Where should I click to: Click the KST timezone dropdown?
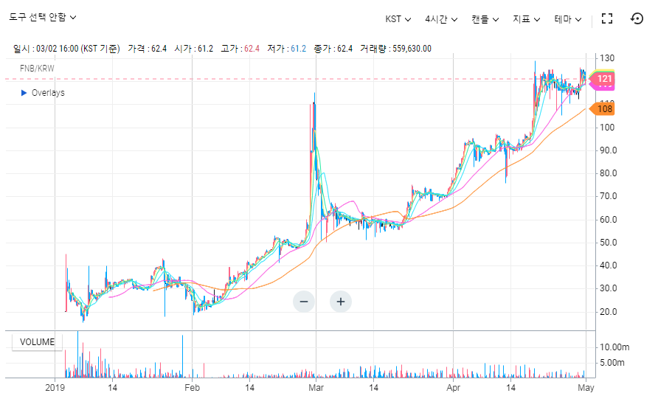[398, 18]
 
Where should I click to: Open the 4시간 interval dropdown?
[441, 18]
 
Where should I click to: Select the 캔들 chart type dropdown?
[485, 18]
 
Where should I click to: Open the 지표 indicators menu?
[527, 18]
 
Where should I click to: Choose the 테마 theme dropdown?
[568, 18]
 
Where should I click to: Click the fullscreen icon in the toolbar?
[607, 18]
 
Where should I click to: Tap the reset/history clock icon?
[637, 18]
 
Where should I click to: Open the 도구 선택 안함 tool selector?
[42, 17]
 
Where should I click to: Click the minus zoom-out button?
[304, 301]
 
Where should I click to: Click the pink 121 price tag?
[605, 79]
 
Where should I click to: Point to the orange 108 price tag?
[605, 109]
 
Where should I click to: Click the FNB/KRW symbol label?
[38, 69]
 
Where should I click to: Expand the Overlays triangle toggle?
[24, 93]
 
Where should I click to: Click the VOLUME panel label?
[37, 342]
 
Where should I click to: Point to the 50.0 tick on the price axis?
[609, 243]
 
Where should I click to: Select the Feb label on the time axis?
[192, 387]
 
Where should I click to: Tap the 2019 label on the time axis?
[56, 387]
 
